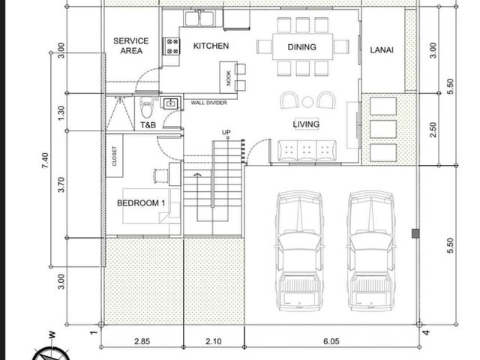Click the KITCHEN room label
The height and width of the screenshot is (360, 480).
click(x=211, y=46)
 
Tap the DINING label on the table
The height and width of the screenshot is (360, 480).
click(x=301, y=47)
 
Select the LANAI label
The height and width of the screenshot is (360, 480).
click(x=382, y=50)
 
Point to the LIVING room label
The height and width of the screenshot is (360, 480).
click(x=306, y=124)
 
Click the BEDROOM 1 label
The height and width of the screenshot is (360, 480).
click(x=141, y=203)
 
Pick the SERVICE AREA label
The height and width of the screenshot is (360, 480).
click(x=131, y=46)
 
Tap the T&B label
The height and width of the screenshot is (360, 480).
click(x=148, y=125)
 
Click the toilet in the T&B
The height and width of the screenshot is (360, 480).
click(x=147, y=107)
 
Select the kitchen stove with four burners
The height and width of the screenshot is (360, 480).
click(x=172, y=46)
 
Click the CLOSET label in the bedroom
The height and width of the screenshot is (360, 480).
click(x=115, y=156)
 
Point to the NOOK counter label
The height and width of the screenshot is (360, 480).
click(x=228, y=78)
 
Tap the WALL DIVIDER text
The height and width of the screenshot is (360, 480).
click(x=208, y=103)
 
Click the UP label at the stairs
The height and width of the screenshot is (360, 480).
click(x=226, y=132)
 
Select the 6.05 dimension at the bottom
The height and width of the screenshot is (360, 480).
click(x=331, y=341)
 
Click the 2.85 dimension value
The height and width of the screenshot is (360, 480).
click(x=142, y=341)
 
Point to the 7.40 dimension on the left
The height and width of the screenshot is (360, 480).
click(x=45, y=160)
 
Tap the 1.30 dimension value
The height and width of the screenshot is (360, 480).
click(x=61, y=113)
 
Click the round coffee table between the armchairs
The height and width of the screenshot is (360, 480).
click(x=307, y=102)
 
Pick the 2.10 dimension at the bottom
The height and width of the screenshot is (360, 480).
click(x=214, y=341)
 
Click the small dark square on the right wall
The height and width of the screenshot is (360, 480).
click(x=415, y=233)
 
